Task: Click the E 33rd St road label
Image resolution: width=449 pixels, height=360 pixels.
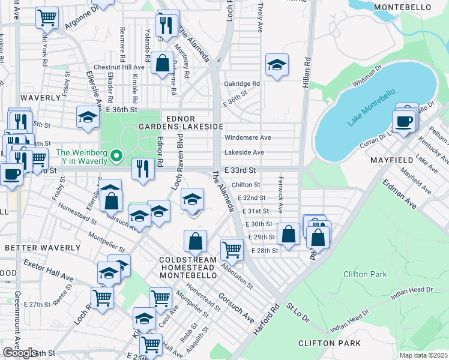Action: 240,170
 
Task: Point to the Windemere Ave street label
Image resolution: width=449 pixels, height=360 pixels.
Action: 248,137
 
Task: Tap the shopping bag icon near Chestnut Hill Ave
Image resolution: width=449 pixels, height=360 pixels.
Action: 162,63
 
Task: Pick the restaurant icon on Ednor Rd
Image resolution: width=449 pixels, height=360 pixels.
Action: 143,169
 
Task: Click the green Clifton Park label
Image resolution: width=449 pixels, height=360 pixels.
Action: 365,274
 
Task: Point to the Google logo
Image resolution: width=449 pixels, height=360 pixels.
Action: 20,352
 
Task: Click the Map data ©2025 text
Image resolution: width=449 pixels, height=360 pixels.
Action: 423,355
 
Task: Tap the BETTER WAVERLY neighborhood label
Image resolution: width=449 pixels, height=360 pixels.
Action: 43,247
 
